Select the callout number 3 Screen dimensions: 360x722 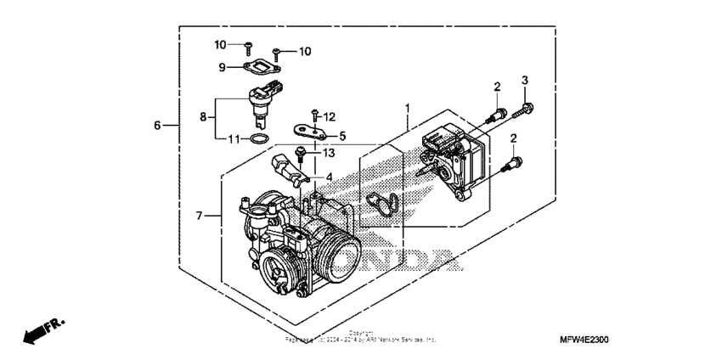pos(525,81)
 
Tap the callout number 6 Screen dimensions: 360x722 pos(157,126)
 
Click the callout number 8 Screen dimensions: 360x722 pos(203,118)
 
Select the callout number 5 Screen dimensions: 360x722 pos(342,135)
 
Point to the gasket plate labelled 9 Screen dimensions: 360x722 pos(261,65)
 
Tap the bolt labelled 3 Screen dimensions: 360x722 pos(525,107)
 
